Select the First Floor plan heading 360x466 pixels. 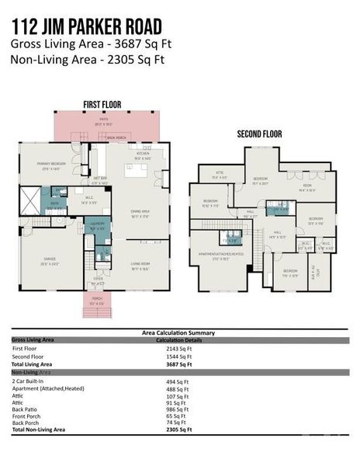coord(102,104)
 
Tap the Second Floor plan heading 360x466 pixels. coord(258,134)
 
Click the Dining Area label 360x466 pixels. coord(140,214)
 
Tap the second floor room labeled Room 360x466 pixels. coord(307,187)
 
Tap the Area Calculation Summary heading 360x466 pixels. coord(178,332)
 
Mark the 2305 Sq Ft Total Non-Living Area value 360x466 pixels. coord(178,429)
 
